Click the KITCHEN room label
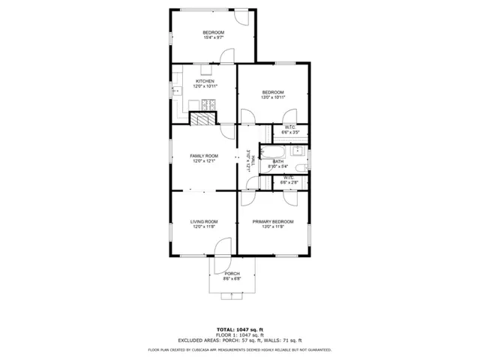coord(205,81)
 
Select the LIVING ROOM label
coord(204,221)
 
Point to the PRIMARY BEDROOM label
coord(273,221)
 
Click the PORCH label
coord(232,273)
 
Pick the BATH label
coord(278,161)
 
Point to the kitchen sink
coord(181,92)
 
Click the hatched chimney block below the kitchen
coord(201,118)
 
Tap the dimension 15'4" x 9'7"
coord(213,37)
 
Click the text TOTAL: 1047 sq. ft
coord(240,329)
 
